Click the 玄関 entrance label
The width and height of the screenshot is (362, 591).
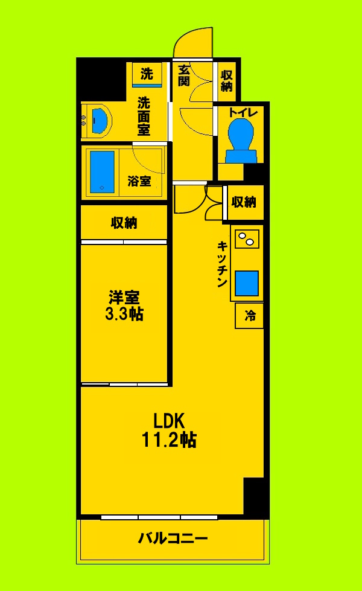tap(185, 76)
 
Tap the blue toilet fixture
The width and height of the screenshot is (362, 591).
tap(241, 139)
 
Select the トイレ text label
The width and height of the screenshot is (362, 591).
tap(243, 112)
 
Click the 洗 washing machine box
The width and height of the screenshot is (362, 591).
tap(147, 74)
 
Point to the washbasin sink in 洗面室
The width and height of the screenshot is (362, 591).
tap(100, 120)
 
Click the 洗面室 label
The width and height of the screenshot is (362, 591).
tap(144, 115)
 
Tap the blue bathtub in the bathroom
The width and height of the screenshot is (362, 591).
tap(102, 172)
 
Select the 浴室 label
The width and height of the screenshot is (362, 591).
tap(139, 180)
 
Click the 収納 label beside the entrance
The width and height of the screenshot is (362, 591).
tap(227, 81)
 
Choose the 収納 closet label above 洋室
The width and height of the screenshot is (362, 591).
tap(124, 223)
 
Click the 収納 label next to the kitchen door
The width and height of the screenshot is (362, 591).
tap(244, 202)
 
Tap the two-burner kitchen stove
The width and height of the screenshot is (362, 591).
tap(246, 240)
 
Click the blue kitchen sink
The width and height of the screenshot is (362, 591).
tap(247, 282)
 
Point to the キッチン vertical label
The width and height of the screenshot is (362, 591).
tap(221, 264)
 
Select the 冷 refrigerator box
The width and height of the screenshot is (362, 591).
tap(249, 316)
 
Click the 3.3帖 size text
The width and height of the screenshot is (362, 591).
tap(125, 315)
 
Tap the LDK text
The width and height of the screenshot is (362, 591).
tap(168, 420)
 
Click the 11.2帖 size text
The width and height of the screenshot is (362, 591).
tap(168, 440)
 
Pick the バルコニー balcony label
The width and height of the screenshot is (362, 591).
tap(173, 538)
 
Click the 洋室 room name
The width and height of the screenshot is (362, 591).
tap(125, 298)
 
